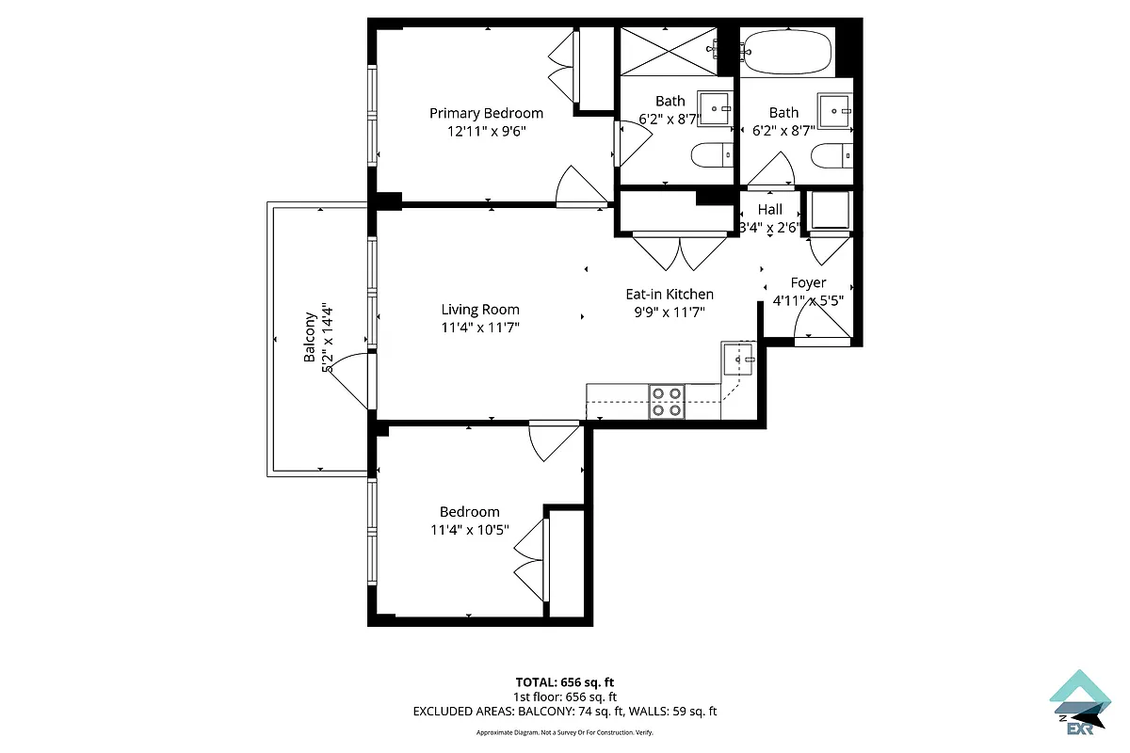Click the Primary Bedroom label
tap(486, 113)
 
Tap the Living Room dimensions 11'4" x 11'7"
tap(480, 328)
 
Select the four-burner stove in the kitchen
tap(668, 402)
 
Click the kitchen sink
tap(738, 359)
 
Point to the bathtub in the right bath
tap(786, 52)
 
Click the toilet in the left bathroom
tap(712, 152)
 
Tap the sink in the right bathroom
tap(835, 110)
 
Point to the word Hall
tap(770, 210)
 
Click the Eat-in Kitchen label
tap(670, 295)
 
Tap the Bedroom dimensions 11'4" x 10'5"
tap(469, 529)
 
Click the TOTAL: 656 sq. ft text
tap(565, 682)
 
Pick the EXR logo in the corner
tap(1080, 701)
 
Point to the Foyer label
tap(808, 282)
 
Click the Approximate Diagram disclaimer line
tap(565, 732)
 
